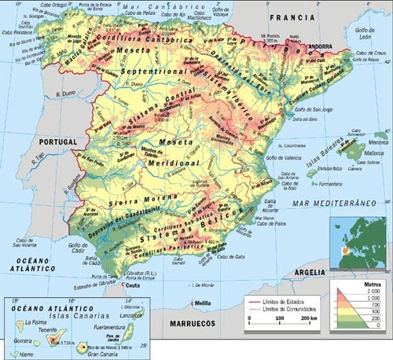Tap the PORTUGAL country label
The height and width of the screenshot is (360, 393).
coord(57,141)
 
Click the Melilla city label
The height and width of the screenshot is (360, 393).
coord(204,303)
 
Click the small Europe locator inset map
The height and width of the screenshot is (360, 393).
coord(358,241)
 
